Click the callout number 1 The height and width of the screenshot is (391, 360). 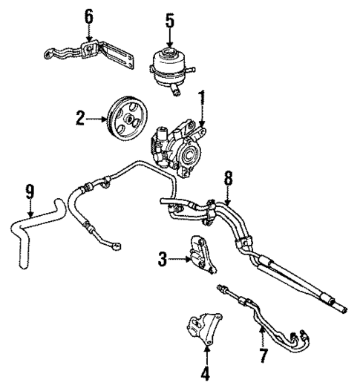pos(200,97)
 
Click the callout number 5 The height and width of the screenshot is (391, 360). pos(170,20)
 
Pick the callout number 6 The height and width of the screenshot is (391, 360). pos(89,16)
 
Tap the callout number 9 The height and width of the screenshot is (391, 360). pos(30,191)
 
